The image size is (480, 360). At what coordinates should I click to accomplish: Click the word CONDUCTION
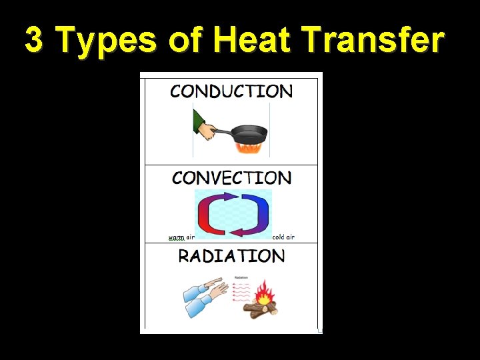[x=231, y=91]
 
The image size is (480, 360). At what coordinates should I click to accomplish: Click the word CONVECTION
[x=231, y=178]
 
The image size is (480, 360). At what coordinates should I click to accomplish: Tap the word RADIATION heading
[x=231, y=257]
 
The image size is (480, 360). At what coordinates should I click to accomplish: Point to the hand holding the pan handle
[x=209, y=131]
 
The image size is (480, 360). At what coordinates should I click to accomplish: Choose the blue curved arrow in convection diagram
[x=254, y=213]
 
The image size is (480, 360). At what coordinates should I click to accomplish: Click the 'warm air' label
[x=181, y=237]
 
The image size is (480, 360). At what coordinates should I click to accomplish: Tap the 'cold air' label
[x=283, y=237]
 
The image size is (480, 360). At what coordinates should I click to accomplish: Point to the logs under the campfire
[x=260, y=307]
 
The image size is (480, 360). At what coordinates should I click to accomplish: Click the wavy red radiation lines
[x=241, y=291]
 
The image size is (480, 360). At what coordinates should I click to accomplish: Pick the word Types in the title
[x=107, y=41]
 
